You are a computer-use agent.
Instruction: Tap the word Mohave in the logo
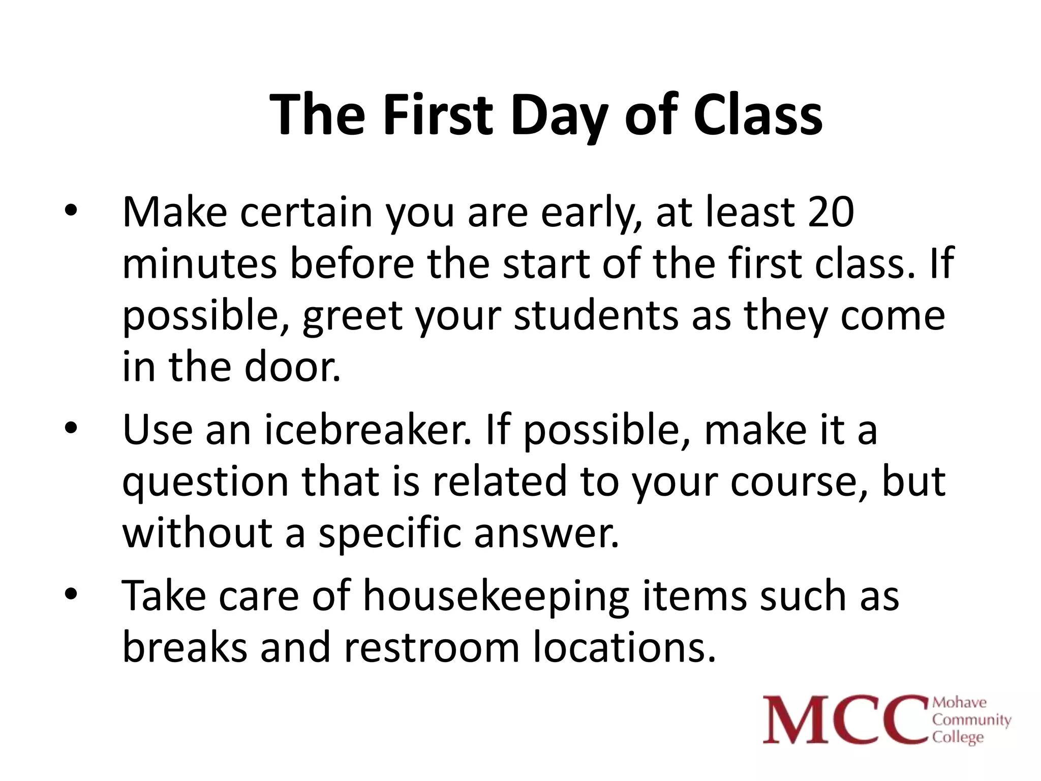[x=959, y=703]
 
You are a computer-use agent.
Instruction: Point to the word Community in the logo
[x=971, y=719]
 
